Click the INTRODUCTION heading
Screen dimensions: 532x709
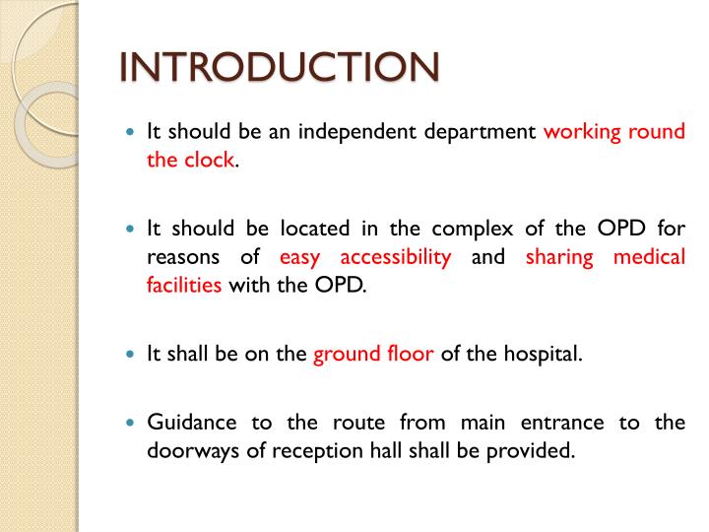point(279,69)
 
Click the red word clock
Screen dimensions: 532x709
point(209,160)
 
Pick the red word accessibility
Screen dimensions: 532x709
point(395,258)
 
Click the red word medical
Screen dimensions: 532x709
point(649,258)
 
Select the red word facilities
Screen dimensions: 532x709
point(185,286)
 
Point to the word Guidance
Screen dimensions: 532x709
point(192,424)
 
